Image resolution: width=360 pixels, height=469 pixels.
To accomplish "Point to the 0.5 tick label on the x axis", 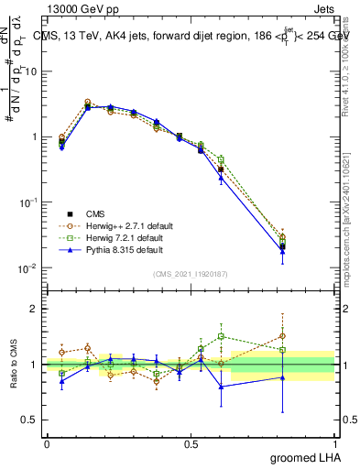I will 191,443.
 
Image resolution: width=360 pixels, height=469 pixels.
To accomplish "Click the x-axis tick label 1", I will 335,443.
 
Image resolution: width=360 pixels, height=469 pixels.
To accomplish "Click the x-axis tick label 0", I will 47,443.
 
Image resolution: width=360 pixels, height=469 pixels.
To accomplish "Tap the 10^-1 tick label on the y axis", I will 28,202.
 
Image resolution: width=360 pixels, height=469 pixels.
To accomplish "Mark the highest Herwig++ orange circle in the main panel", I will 88,103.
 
